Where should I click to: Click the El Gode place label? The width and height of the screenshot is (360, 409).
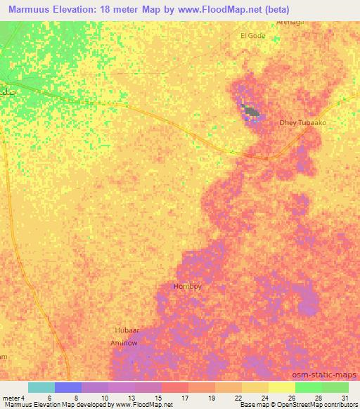252,35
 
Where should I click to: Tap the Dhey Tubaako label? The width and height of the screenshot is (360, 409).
303,122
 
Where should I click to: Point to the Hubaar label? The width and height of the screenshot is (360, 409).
127,330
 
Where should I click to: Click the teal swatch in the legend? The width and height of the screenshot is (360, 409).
41,387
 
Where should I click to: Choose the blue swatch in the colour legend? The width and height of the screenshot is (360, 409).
68,387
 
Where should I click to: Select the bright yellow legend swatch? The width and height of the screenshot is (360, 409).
281,387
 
